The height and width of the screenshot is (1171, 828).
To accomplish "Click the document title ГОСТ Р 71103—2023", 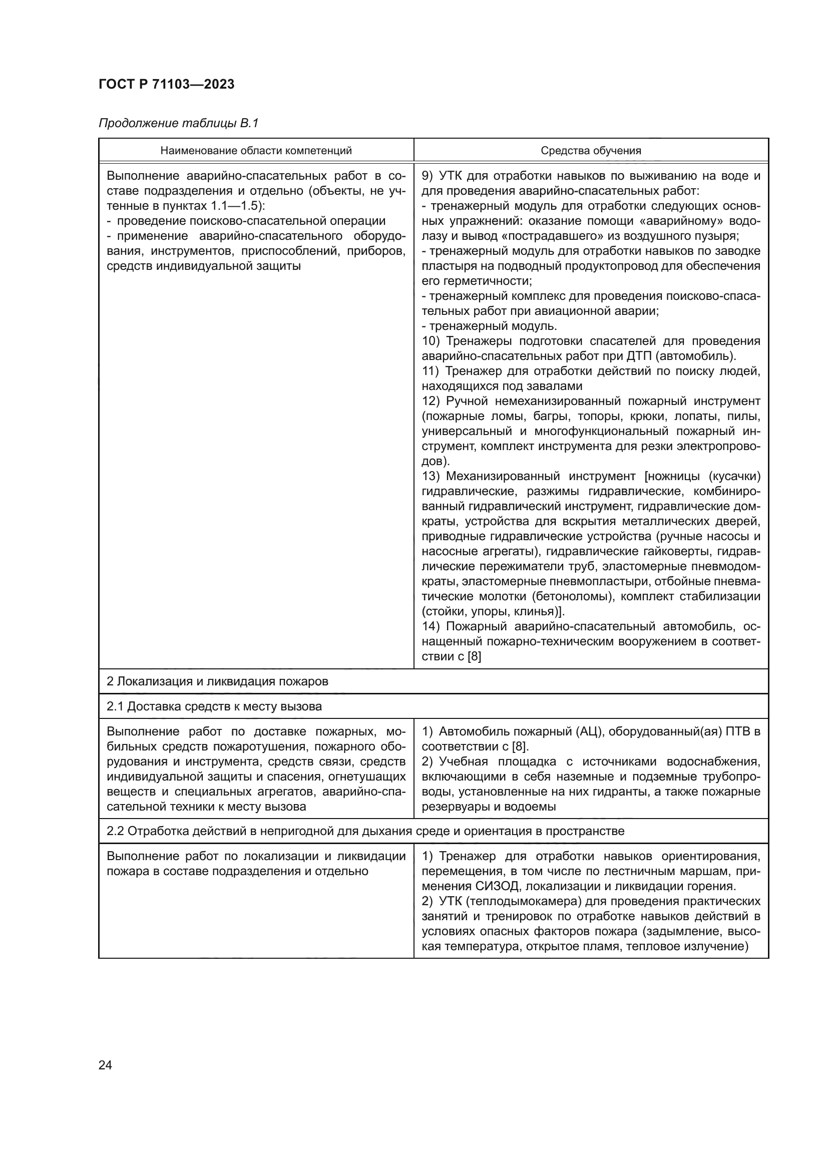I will (166, 84).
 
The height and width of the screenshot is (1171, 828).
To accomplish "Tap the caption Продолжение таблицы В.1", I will (178, 123).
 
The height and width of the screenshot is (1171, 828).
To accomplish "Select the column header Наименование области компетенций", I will (256, 151).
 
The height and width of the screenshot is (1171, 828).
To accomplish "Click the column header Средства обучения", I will (591, 151).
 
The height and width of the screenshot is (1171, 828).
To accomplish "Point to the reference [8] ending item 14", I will (474, 656).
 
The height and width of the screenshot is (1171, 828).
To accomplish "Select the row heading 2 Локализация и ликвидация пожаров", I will (217, 681).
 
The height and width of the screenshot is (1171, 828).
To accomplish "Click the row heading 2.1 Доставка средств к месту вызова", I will (214, 706).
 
